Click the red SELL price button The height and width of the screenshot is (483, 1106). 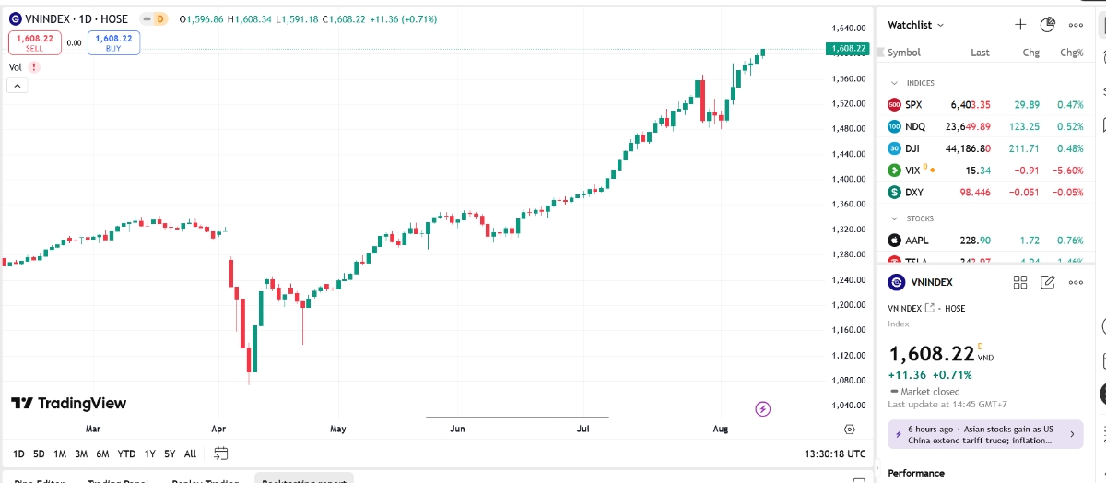click(x=34, y=42)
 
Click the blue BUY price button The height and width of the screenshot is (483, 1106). click(x=113, y=42)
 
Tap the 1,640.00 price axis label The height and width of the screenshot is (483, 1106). click(x=848, y=29)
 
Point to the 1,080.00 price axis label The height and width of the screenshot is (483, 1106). click(x=848, y=380)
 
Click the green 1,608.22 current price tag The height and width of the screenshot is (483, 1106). click(x=848, y=48)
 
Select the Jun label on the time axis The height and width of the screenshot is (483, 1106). click(x=457, y=429)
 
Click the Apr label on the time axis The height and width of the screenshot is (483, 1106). click(x=218, y=429)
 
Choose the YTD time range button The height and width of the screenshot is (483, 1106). click(x=126, y=454)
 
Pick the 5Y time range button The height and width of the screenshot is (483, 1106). click(x=170, y=454)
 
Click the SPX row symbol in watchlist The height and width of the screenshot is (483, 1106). click(x=912, y=105)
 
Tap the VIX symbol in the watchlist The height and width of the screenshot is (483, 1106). click(x=912, y=171)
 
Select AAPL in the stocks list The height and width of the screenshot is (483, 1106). click(x=916, y=241)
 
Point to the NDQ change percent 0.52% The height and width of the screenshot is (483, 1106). click(x=1070, y=127)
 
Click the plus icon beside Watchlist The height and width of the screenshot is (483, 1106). click(x=1020, y=25)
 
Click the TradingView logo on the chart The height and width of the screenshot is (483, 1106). click(x=68, y=404)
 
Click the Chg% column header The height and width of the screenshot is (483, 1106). click(x=1071, y=53)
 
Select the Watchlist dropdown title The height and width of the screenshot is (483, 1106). click(x=915, y=25)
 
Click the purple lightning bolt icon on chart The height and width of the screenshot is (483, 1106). click(x=762, y=408)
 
